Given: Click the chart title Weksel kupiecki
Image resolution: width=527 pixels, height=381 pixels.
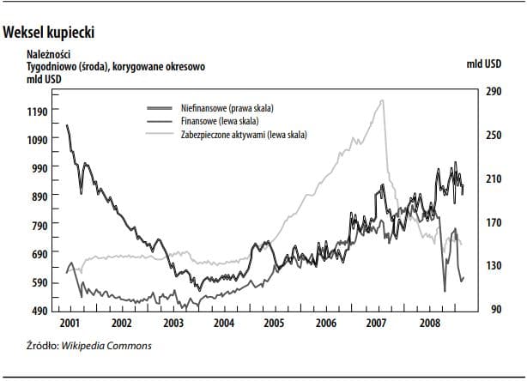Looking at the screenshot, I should click(49, 33).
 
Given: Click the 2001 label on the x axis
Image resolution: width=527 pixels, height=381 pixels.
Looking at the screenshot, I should click(70, 324).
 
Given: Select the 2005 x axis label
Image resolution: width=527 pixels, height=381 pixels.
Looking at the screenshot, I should click(273, 324).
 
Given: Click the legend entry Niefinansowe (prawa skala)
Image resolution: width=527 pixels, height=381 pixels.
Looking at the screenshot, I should click(233, 108).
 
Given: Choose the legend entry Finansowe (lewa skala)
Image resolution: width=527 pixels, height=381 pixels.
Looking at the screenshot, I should click(221, 121).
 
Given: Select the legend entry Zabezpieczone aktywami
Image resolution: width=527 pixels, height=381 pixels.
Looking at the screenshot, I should click(244, 135).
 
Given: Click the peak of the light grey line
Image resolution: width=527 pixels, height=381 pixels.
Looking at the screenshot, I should click(381, 101).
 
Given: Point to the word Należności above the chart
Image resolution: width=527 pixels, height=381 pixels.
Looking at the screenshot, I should click(52, 54).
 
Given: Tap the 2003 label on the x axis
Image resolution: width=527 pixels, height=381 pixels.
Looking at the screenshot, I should click(173, 324).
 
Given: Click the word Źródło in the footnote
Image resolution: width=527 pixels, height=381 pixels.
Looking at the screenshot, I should click(43, 346).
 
